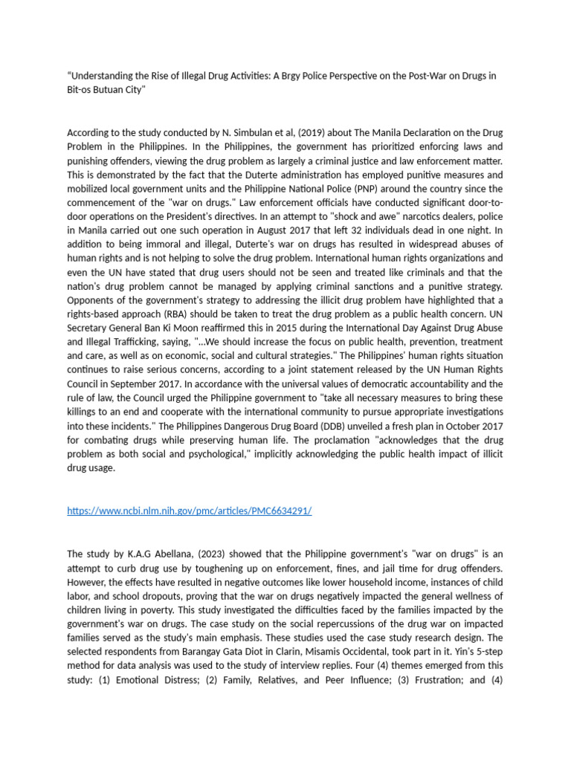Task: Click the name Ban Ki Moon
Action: pos(177,328)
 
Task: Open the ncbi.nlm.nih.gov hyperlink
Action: pos(189,511)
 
